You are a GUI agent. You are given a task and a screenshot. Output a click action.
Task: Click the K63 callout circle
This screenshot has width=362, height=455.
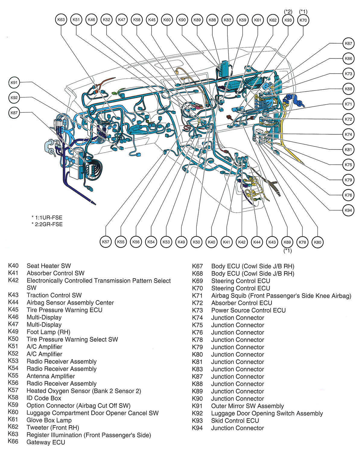(x=61, y=20)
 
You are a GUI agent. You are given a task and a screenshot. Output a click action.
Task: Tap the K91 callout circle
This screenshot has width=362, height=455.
(x=14, y=82)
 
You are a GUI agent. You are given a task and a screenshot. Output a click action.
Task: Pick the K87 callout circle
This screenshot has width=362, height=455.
(x=14, y=113)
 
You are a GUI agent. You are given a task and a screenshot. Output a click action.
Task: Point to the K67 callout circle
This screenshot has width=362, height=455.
(x=348, y=43)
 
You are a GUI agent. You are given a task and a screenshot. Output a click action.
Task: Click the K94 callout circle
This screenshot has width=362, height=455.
(x=348, y=210)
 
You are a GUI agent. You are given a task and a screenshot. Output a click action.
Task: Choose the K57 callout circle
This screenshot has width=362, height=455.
(x=106, y=242)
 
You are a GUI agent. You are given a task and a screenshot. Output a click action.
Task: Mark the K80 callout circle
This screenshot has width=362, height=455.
(x=317, y=242)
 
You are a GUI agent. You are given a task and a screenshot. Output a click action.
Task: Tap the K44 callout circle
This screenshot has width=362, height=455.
(x=257, y=242)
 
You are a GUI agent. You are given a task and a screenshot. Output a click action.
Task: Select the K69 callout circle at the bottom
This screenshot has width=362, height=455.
(x=287, y=242)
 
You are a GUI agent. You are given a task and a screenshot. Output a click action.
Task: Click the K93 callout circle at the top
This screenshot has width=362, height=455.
(x=288, y=20)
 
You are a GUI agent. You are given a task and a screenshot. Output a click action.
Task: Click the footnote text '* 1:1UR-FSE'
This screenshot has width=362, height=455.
(x=47, y=217)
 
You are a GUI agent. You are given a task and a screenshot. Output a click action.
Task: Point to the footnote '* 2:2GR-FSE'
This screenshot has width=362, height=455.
(x=47, y=224)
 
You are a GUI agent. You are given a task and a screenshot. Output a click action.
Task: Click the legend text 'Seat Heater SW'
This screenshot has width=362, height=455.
(x=49, y=266)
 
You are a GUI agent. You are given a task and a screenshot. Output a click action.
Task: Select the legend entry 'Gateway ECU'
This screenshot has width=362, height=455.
(x=46, y=442)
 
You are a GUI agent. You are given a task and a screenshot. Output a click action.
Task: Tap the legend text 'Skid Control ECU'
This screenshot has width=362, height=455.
(x=235, y=421)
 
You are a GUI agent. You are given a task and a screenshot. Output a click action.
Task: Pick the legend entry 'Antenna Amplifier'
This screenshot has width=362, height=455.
(x=51, y=376)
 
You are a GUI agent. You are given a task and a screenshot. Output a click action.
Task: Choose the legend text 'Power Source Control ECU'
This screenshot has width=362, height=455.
(x=248, y=310)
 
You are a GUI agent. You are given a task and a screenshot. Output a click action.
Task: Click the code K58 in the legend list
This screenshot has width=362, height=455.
(x=13, y=398)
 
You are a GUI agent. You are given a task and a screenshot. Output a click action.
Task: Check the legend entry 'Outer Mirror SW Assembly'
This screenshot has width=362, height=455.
(x=247, y=406)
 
